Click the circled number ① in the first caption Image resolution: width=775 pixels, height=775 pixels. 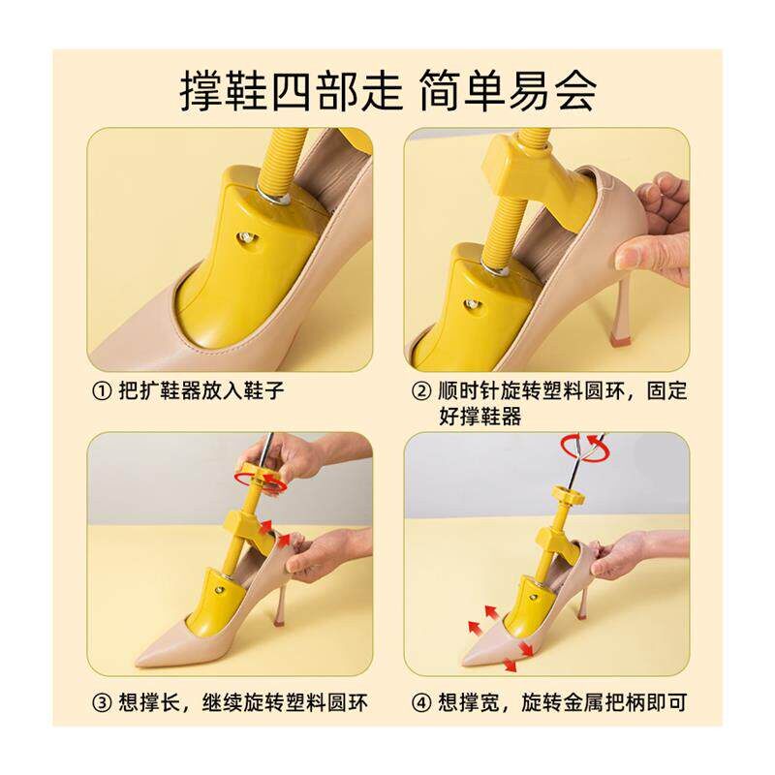tap(102, 392)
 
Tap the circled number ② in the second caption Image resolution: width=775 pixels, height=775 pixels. tap(421, 392)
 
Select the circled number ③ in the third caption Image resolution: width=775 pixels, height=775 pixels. tap(102, 702)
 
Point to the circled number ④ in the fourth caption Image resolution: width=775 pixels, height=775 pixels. tap(421, 702)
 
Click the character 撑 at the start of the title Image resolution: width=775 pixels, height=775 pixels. tap(200, 91)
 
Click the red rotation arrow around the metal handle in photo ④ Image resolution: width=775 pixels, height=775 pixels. tap(583, 448)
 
